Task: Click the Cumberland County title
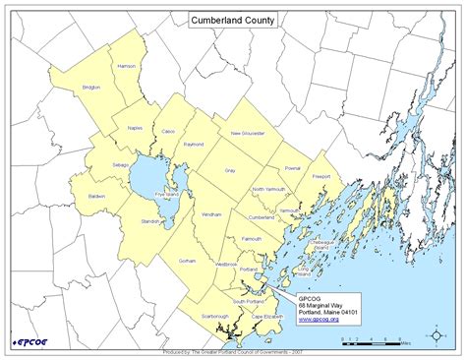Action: (x=232, y=19)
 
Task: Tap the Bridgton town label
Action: (x=91, y=88)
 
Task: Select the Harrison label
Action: (x=127, y=66)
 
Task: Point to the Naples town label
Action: (x=134, y=128)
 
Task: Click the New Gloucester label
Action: (x=247, y=133)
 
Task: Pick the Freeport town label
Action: (x=321, y=177)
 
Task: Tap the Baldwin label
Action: (x=96, y=196)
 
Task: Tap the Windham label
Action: (x=211, y=213)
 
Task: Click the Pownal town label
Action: (x=292, y=168)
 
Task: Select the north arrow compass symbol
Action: (x=436, y=337)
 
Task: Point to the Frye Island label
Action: (x=163, y=196)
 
